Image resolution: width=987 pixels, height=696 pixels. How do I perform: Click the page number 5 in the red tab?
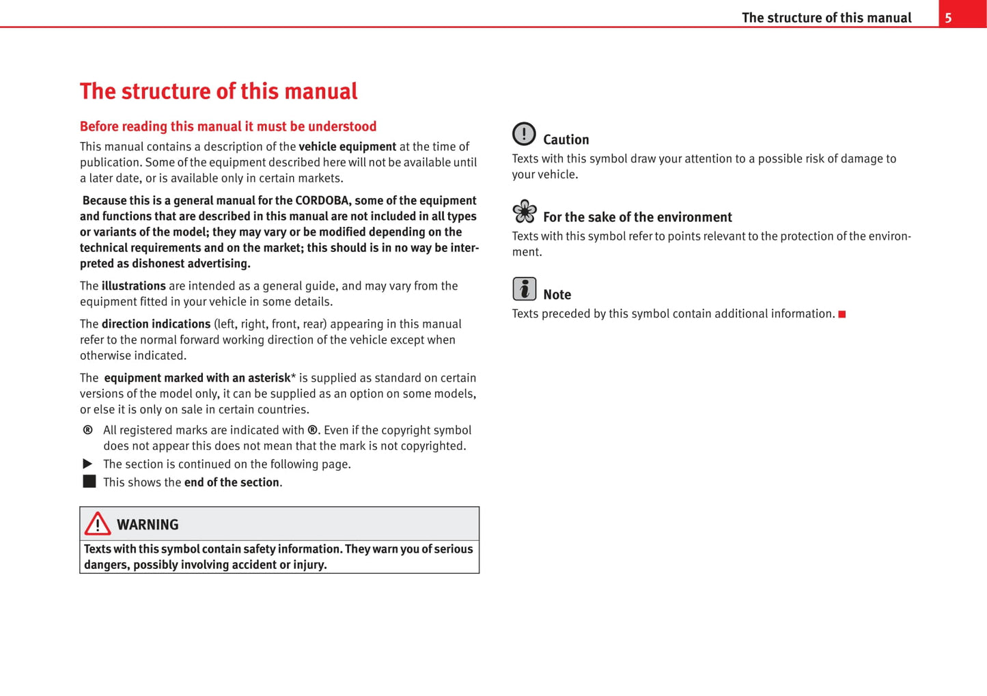[948, 18]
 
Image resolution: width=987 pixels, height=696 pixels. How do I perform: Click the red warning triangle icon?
[98, 524]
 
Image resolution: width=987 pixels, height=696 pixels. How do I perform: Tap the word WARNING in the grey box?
[148, 525]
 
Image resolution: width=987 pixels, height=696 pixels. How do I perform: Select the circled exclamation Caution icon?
[524, 134]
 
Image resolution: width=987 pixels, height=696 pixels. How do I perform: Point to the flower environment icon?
[525, 212]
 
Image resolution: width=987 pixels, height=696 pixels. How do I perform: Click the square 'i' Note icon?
[524, 289]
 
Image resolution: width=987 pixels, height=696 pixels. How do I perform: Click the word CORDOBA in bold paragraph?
[322, 201]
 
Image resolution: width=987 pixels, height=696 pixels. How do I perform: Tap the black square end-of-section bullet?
[89, 482]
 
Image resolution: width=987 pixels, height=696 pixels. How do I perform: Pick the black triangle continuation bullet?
[87, 464]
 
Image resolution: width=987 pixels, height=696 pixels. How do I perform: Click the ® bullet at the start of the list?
[87, 430]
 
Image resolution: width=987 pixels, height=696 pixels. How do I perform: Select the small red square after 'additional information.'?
[842, 314]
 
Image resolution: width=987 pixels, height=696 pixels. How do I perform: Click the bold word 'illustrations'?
[133, 286]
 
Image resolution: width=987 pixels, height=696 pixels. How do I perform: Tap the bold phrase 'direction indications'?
[156, 324]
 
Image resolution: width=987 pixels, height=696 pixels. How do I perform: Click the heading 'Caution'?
[566, 140]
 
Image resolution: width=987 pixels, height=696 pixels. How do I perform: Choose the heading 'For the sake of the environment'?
[637, 217]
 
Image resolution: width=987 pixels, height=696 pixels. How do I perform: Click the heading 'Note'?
[557, 295]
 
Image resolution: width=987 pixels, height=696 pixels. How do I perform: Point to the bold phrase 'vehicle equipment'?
[347, 147]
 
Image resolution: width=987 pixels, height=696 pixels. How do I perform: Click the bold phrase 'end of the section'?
[232, 482]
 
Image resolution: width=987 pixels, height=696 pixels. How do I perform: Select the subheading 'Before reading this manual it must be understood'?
[228, 126]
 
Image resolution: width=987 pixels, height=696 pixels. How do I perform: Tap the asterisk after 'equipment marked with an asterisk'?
[294, 377]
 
